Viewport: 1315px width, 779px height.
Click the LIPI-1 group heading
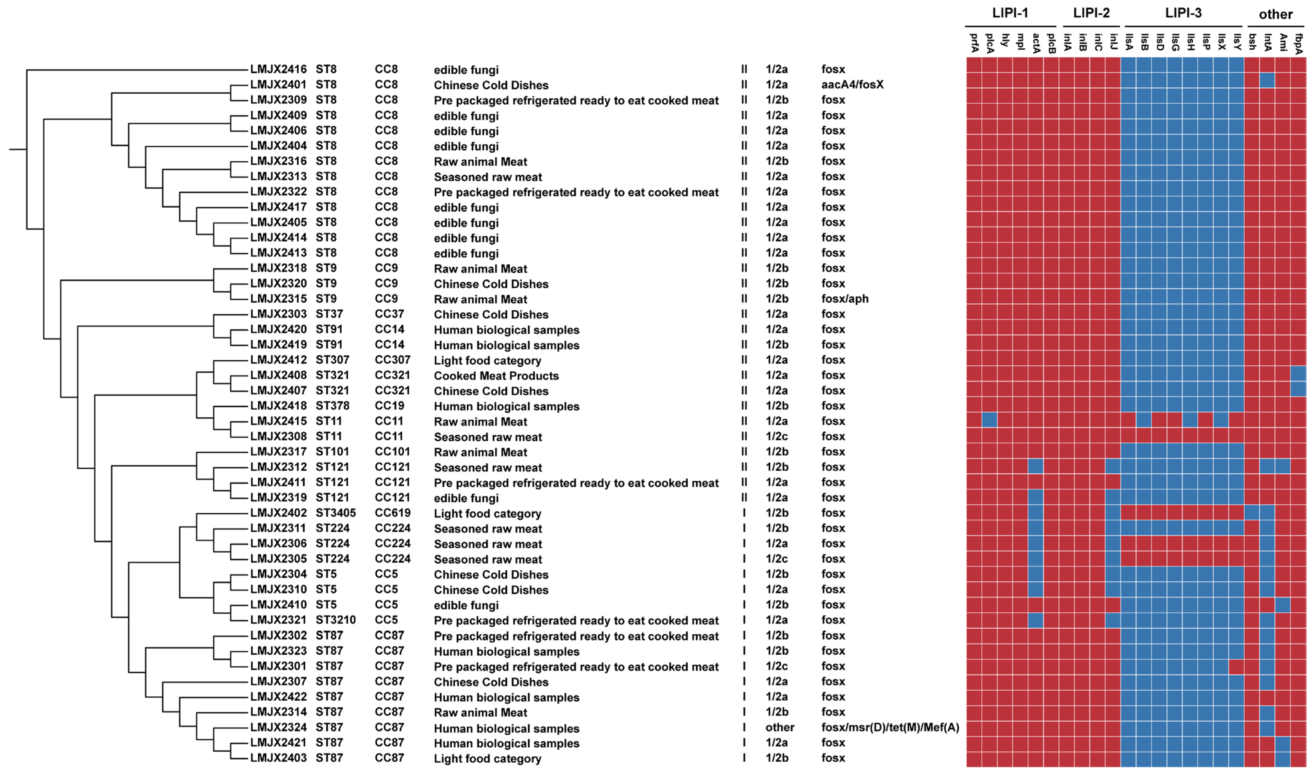point(1009,13)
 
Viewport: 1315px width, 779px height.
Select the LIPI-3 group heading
point(1183,13)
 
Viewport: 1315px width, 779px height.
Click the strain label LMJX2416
point(278,69)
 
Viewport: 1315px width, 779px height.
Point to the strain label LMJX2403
point(278,758)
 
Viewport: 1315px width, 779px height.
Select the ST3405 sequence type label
point(335,513)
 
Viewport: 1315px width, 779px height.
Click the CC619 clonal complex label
point(392,513)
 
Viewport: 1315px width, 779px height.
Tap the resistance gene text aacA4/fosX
point(852,85)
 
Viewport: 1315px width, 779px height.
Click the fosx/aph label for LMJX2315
point(845,299)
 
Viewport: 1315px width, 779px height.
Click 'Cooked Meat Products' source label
point(496,376)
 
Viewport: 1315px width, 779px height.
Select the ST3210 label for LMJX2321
point(335,620)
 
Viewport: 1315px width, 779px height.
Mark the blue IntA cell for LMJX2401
point(1267,80)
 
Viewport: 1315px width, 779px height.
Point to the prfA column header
point(974,43)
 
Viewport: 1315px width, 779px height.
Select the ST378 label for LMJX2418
point(332,406)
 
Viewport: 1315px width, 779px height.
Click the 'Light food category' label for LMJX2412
point(487,361)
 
